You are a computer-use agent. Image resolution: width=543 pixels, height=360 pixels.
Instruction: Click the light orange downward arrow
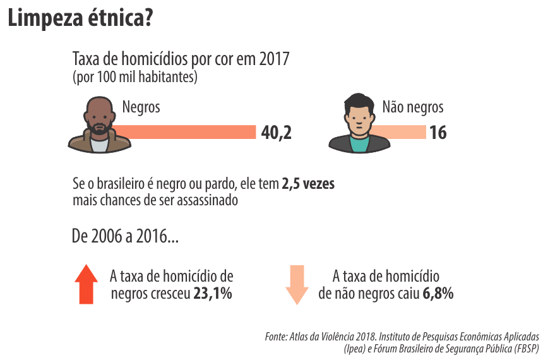pos(297,285)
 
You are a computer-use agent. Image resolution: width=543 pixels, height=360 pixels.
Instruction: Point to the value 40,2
pos(276,133)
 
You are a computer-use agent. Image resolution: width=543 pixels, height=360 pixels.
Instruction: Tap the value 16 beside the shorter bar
pos(438,133)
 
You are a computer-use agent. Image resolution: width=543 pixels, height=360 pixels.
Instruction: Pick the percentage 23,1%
pos(212,294)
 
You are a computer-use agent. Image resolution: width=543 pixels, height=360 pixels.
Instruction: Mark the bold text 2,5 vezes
pos(308,185)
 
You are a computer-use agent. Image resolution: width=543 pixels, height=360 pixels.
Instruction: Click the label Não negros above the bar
pos(413,107)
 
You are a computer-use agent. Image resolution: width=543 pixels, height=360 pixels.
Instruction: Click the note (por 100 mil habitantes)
pos(135,78)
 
